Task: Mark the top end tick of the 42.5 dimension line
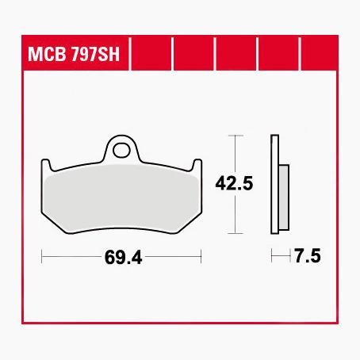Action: (234, 136)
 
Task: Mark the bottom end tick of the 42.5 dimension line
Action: (234, 234)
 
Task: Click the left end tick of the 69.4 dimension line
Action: (42, 257)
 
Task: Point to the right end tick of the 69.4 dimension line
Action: (202, 257)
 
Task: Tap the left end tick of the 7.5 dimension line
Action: (272, 257)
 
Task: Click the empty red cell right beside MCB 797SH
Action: (151, 56)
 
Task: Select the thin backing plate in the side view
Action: (274, 186)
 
